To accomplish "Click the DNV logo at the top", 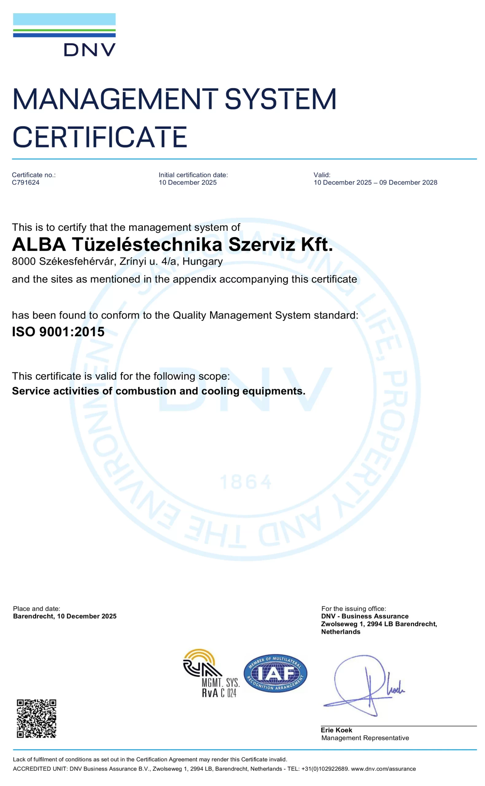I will pyautogui.click(x=64, y=35).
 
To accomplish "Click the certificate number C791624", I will pyautogui.click(x=26, y=183).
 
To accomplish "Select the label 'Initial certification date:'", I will pyautogui.click(x=193, y=175).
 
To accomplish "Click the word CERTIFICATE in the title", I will pyautogui.click(x=99, y=137).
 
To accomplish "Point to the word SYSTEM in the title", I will pyautogui.click(x=280, y=99).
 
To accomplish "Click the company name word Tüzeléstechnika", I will pyautogui.click(x=147, y=244).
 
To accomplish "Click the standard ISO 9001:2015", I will pyautogui.click(x=58, y=332).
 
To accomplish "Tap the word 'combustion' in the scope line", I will pyautogui.click(x=145, y=391).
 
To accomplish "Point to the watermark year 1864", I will pyautogui.click(x=246, y=482).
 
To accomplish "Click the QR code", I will pyautogui.click(x=37, y=719).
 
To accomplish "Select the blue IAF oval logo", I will pyautogui.click(x=275, y=673).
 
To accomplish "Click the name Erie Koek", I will pyautogui.click(x=336, y=730).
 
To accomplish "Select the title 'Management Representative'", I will pyautogui.click(x=365, y=738).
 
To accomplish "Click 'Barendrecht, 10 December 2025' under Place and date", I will pyautogui.click(x=64, y=616).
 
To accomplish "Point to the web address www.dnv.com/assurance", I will pyautogui.click(x=383, y=769).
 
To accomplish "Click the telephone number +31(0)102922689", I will pyautogui.click(x=325, y=769).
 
